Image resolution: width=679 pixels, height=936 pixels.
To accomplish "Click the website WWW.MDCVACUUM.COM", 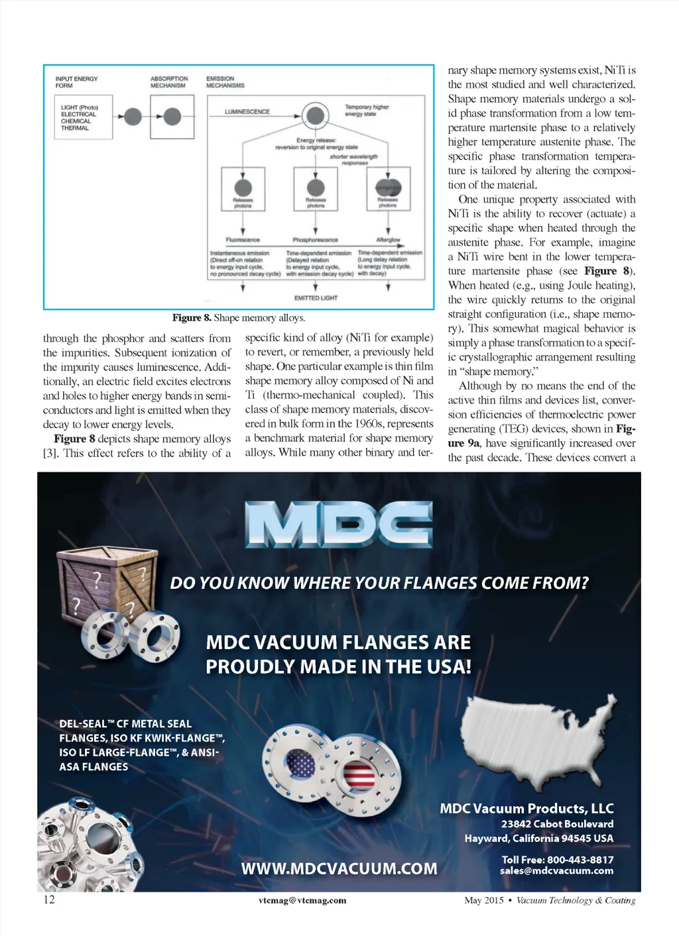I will (x=339, y=868).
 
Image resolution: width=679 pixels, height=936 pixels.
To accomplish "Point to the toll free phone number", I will (x=557, y=859).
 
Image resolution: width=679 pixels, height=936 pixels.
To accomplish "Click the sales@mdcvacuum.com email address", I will (x=556, y=870).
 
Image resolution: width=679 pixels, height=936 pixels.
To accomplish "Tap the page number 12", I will (x=49, y=899).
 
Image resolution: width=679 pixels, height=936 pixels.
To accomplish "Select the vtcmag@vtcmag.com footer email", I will (x=302, y=900).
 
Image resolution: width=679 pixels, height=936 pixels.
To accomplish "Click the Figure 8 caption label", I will (x=192, y=318).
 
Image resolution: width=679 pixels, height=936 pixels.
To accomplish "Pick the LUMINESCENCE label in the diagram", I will (x=247, y=112).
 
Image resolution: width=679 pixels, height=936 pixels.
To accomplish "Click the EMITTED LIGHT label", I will (x=316, y=298).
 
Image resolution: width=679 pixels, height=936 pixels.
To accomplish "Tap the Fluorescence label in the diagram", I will (x=243, y=240).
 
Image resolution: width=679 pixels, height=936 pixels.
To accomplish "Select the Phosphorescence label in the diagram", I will (x=315, y=240).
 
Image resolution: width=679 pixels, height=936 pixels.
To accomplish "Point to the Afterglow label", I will (x=388, y=240).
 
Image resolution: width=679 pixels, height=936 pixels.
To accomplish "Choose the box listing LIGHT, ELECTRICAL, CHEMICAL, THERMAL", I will (x=83, y=117).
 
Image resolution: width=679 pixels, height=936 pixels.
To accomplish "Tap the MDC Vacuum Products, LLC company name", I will (x=526, y=808).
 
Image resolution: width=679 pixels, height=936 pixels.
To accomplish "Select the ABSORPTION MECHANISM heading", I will (x=168, y=82).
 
